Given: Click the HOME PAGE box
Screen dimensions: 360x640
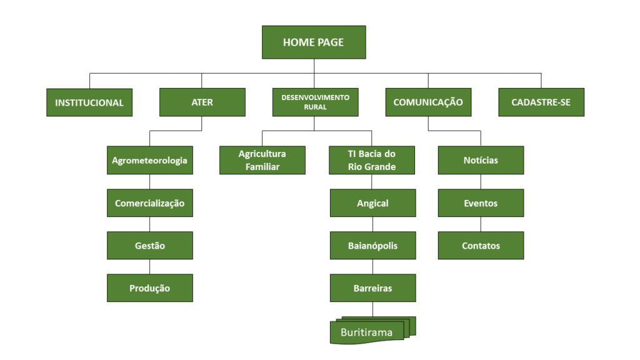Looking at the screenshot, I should [x=314, y=42].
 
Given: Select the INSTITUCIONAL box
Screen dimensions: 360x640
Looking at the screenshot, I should [x=89, y=102].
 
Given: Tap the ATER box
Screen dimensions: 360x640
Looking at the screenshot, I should [x=202, y=102].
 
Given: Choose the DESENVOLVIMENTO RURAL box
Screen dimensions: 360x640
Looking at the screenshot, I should [x=316, y=102].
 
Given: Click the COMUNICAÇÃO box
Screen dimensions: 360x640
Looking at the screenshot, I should [x=428, y=102].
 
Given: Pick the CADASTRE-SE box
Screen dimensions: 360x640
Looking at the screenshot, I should [x=541, y=102].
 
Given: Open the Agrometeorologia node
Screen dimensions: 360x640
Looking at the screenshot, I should [x=150, y=161].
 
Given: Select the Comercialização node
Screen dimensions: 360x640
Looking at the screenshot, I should [x=150, y=203].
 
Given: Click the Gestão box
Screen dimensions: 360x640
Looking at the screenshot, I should [x=150, y=246].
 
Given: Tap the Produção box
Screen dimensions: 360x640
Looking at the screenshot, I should [x=150, y=288].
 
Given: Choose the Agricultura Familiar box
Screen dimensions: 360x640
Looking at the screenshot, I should [x=262, y=161].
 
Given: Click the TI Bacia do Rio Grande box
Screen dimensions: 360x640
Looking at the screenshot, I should [x=372, y=161].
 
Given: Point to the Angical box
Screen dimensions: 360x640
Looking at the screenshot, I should [x=372, y=203].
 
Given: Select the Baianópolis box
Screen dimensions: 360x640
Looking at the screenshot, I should [x=372, y=246].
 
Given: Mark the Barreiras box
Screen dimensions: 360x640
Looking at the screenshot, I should [x=372, y=288].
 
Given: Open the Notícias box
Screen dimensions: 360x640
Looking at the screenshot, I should [x=481, y=161].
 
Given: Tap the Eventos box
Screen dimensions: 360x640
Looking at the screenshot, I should [x=481, y=203].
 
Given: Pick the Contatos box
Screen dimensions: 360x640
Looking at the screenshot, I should [x=481, y=246].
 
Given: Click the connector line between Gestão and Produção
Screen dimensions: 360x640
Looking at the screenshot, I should [x=150, y=267].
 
